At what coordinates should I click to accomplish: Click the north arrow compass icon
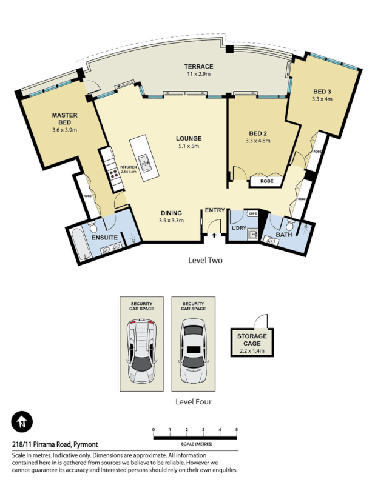tap(22, 421)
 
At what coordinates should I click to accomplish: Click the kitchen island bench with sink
tap(144, 161)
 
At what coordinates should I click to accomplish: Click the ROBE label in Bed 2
tap(266, 181)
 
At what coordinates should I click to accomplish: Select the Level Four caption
tap(193, 401)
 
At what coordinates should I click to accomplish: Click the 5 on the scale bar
tap(236, 429)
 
